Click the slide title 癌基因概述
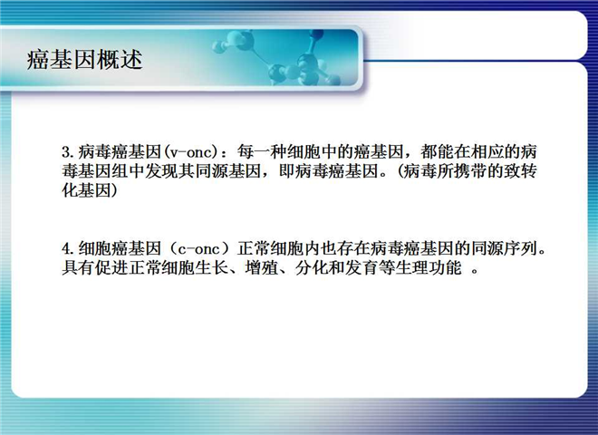[84, 60]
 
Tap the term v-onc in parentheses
[190, 152]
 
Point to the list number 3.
[68, 152]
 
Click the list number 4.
[68, 249]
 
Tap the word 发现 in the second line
[161, 171]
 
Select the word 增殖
[261, 268]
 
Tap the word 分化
[312, 268]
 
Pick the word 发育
[362, 268]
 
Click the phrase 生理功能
[428, 268]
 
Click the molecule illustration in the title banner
[277, 57]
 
